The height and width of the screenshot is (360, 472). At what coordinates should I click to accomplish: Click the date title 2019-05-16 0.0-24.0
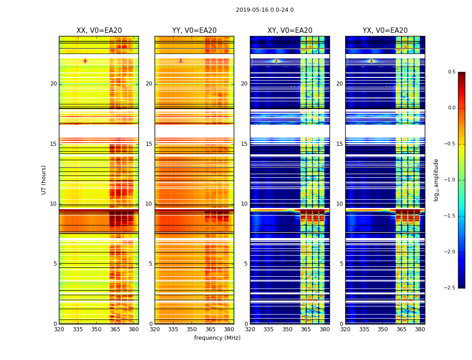coord(265,10)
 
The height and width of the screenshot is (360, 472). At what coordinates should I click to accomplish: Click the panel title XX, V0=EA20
coord(99,31)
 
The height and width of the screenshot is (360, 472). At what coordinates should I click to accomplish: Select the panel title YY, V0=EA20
coord(194,31)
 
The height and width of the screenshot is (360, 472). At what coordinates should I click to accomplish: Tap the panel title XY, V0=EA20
coord(290,31)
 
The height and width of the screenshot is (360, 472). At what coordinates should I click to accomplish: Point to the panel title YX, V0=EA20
coord(385,31)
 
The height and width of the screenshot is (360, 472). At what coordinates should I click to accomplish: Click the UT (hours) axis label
coord(44,180)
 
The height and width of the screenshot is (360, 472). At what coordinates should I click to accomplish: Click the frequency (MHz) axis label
coord(217,338)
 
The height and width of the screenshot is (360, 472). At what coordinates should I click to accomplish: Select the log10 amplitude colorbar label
coord(436,180)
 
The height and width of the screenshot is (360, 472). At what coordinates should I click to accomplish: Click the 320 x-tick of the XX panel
coord(59,329)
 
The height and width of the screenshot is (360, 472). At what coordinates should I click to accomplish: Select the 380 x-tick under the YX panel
coord(420,329)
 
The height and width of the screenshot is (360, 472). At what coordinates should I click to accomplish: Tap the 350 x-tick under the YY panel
coord(192,329)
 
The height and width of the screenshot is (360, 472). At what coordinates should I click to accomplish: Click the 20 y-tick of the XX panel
coord(53,84)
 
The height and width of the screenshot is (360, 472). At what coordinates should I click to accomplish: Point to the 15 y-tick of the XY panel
coord(244,144)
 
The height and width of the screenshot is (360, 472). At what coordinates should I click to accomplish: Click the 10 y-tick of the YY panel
coord(149,204)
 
